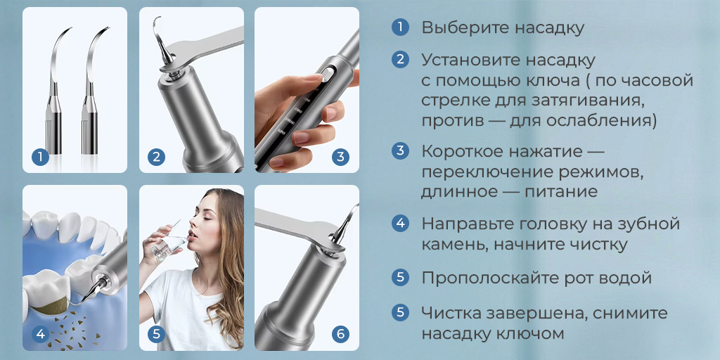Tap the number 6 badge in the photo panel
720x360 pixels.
pos(340,334)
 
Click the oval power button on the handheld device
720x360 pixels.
pos(326,75)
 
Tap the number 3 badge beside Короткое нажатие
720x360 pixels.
pos(400,150)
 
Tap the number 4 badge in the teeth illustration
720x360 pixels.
pos(41,334)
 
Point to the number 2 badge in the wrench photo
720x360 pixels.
pos(156,157)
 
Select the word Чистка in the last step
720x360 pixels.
pos(451,313)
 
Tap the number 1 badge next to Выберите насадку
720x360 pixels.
pos(400,28)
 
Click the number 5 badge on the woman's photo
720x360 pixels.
pos(156,334)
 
